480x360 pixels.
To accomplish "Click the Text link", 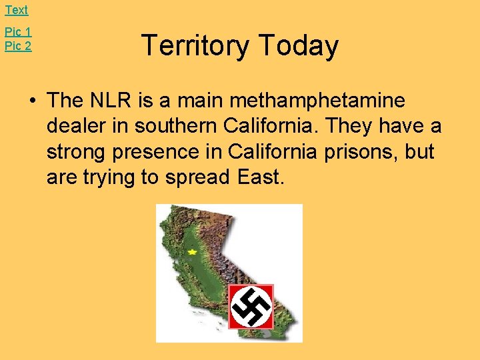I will pos(17,10).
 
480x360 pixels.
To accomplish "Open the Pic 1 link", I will pos(18,32).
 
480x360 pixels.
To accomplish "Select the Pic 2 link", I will pos(18,46).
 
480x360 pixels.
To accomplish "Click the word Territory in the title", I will pos(195,46).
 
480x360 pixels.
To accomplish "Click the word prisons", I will pos(358,152).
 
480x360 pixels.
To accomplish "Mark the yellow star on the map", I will pos(193,252).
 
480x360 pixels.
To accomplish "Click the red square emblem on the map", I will pos(251,307).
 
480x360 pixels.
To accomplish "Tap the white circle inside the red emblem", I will pos(251,307).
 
